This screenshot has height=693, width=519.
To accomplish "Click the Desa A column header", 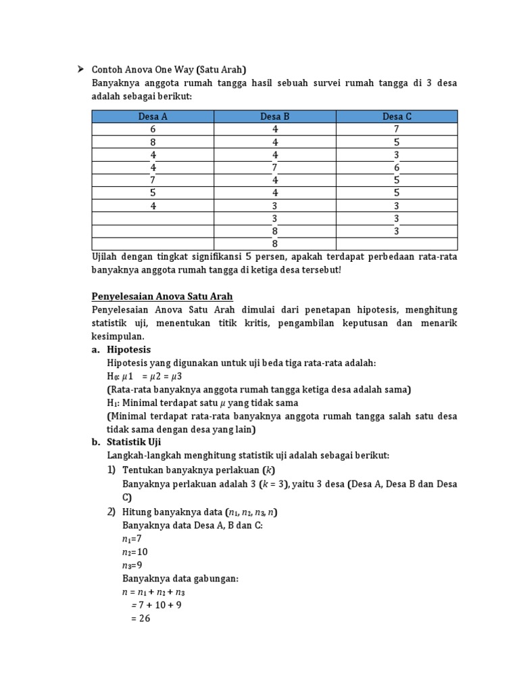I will pos(153,116).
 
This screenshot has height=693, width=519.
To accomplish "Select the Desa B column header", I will pos(275,116).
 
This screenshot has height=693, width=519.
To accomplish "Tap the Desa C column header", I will pos(397,116).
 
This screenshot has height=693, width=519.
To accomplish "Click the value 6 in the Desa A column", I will pos(153,129).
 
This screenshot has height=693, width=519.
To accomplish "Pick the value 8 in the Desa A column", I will pos(153,142).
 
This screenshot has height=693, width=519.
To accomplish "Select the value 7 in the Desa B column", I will pos(275,168).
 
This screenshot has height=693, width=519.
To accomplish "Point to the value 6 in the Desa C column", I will pos(397,168).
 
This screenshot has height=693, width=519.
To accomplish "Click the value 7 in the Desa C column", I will pos(397,129).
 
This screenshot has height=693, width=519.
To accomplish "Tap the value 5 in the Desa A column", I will pos(153,193).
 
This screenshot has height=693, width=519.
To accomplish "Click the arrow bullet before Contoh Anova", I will pos(80,69).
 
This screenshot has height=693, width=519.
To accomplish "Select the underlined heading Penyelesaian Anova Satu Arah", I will pos(162,296).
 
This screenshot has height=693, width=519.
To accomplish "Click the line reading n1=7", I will pos(132,539).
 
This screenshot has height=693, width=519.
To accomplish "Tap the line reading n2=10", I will pos(134,552).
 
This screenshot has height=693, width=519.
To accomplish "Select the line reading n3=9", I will pos(132,565).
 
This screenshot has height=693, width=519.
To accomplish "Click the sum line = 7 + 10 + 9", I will pos(156,605).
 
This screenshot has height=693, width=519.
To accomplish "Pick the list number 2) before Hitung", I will pos(112,512).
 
